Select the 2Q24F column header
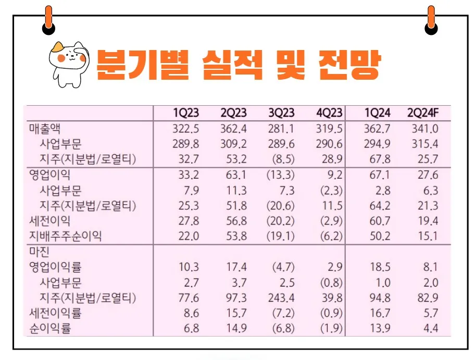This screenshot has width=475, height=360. (x=422, y=113)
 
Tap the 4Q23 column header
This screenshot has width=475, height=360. (x=330, y=113)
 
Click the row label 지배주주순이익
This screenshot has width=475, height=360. (x=65, y=236)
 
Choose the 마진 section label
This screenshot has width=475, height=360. (x=39, y=252)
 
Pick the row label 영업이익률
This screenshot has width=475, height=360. (x=55, y=267)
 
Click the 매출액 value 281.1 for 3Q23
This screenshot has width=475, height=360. (x=281, y=128)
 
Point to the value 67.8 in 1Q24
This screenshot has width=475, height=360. (x=378, y=159)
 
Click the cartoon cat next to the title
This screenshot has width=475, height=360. (x=68, y=63)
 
